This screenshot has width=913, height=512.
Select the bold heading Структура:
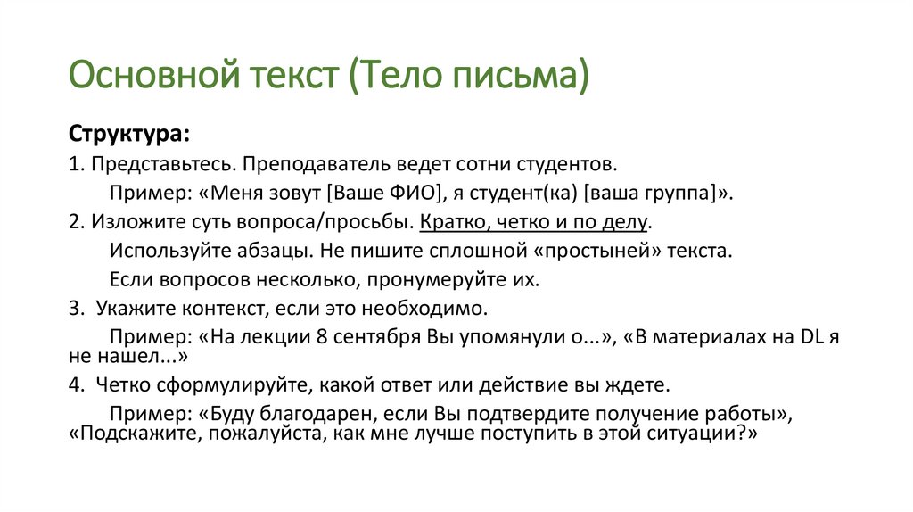click(x=128, y=135)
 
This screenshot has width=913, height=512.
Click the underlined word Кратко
click(x=457, y=221)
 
